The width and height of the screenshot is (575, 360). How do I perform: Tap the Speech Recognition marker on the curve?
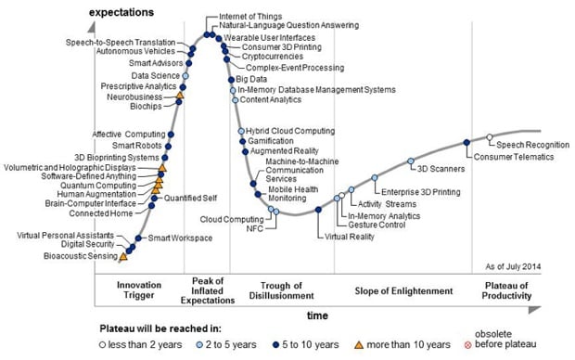coord(491,138)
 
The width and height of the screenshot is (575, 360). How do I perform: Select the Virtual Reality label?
coord(349,237)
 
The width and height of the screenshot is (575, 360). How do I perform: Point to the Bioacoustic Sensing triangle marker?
coord(124,255)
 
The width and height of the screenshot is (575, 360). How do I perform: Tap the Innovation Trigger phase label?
coord(141,289)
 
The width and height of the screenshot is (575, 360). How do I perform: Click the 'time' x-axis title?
coord(317,315)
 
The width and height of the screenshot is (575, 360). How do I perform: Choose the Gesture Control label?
coord(376,225)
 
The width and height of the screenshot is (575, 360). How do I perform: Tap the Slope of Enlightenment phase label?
coord(403,290)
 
